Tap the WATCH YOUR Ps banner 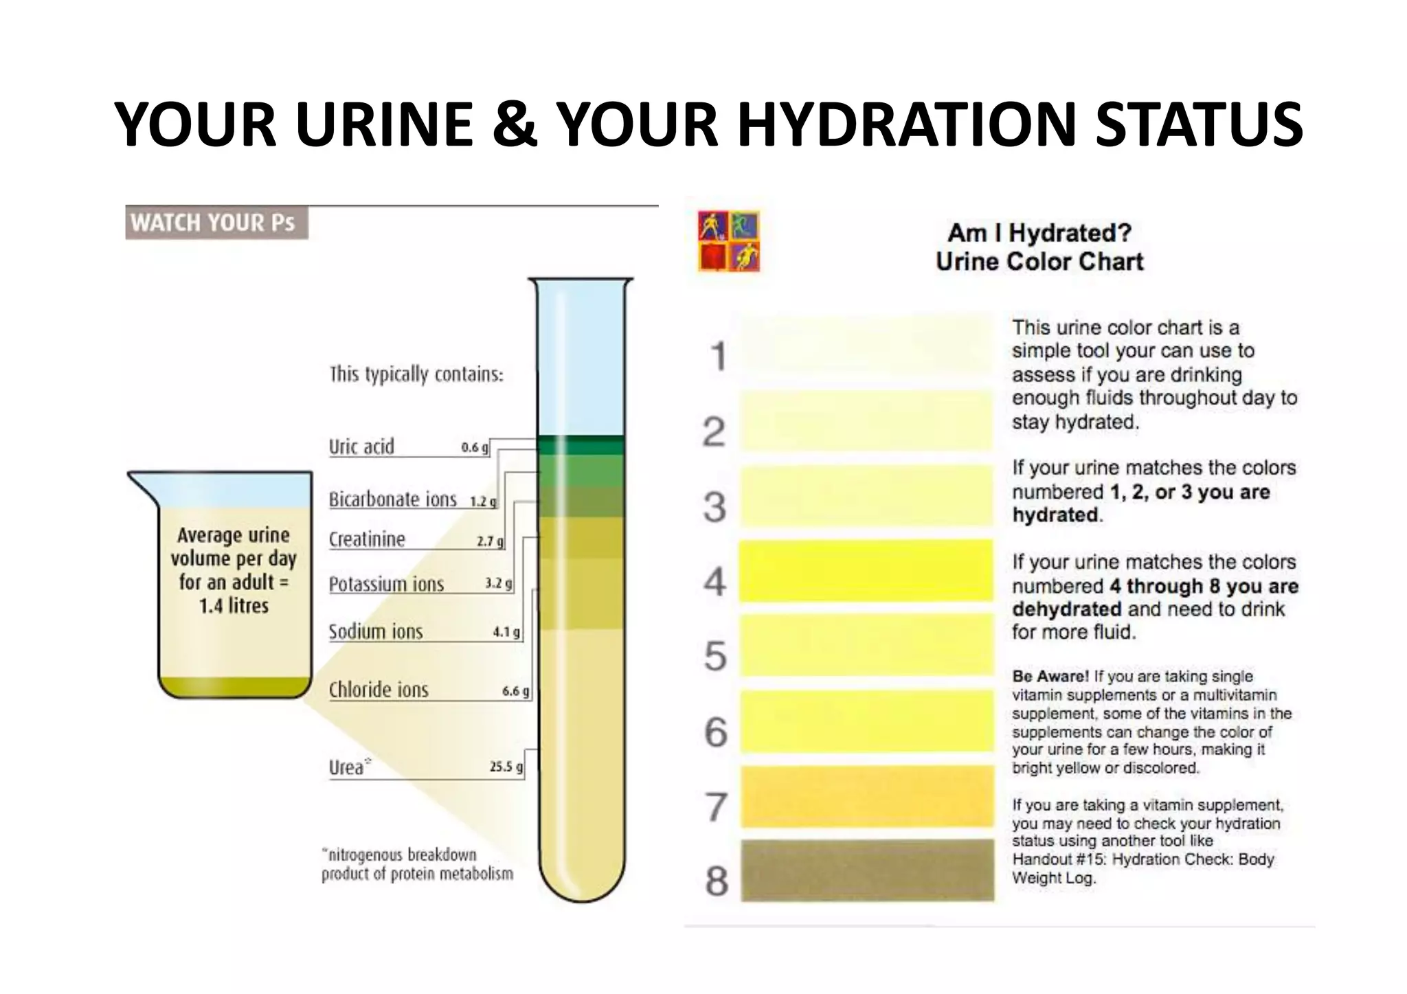(214, 223)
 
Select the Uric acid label (361, 447)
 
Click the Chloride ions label (378, 690)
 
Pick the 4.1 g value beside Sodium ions (506, 632)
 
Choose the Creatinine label (367, 539)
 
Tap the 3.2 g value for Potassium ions (498, 584)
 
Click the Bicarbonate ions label (392, 499)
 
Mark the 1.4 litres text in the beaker (234, 606)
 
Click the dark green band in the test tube (581, 446)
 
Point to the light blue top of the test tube (581, 364)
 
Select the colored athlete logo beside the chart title (728, 241)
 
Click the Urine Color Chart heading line (1039, 262)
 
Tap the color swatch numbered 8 (867, 870)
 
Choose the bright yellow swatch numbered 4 (867, 571)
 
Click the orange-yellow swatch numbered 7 (867, 797)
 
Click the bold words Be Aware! (1050, 677)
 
